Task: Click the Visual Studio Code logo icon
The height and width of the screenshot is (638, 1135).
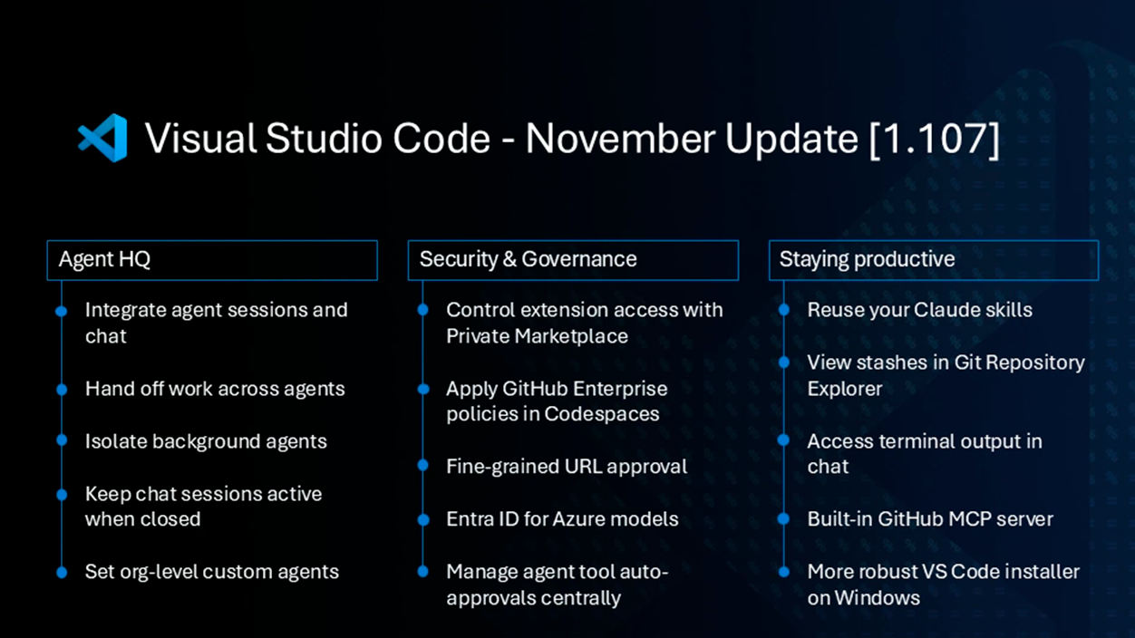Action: tap(102, 139)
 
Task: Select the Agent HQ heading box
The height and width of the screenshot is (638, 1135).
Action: tap(212, 260)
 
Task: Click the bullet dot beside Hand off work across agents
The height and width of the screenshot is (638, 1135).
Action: tap(62, 390)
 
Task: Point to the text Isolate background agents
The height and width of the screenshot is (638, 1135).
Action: tap(206, 441)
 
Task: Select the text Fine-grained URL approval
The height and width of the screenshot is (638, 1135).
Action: tap(566, 467)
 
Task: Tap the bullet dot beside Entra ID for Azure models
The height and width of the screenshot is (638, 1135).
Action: tap(423, 520)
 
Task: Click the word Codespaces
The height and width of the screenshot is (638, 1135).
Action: tap(602, 414)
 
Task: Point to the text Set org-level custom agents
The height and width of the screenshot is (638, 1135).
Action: tap(211, 572)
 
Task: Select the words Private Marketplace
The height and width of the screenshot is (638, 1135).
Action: tap(537, 336)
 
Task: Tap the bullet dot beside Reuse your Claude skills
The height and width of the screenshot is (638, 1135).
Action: tap(784, 311)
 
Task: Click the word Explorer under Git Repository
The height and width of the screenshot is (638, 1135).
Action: tap(844, 389)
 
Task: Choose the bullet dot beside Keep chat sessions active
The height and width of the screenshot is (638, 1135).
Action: tap(62, 495)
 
